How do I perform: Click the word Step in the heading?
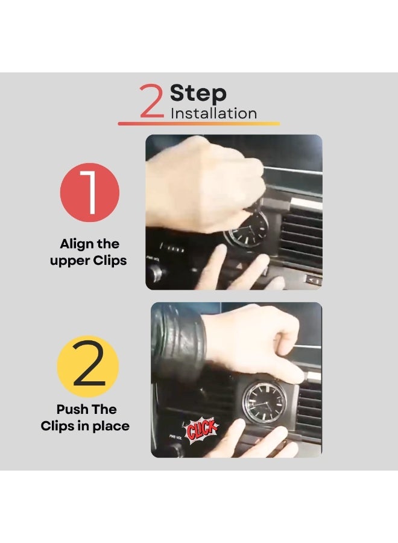(198, 94)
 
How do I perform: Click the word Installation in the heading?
(213, 113)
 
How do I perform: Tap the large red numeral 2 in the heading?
(151, 101)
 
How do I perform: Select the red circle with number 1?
(90, 192)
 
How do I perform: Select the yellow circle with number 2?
(88, 366)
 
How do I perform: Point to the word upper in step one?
(66, 261)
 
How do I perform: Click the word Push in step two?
(71, 409)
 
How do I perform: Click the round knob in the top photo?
(155, 274)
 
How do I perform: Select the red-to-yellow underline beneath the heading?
(198, 123)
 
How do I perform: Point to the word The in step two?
(103, 409)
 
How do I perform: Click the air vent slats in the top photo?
(302, 239)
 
